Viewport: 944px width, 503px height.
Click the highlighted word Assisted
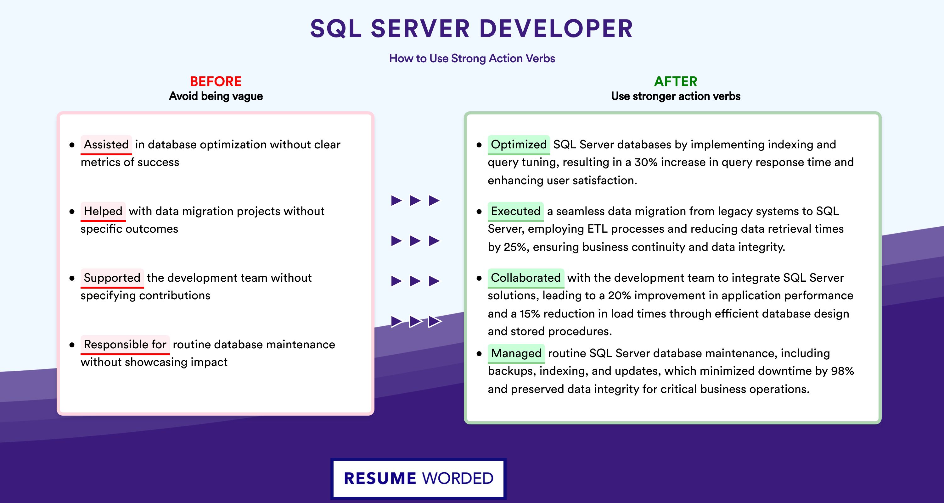[x=106, y=145]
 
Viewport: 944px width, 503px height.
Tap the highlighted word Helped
[x=103, y=211]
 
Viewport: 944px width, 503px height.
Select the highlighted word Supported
[x=112, y=278]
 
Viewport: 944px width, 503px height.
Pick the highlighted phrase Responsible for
[x=125, y=345]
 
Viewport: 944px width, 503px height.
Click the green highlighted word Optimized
[x=519, y=145]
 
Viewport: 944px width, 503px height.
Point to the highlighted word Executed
[x=516, y=211]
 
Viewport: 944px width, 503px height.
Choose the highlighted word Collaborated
[x=526, y=278]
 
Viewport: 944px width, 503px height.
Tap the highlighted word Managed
[x=516, y=353]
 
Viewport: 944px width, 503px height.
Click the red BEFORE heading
[x=216, y=81]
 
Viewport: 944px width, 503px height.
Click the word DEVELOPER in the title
[x=556, y=29]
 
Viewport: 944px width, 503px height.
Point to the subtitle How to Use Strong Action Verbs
[x=472, y=58]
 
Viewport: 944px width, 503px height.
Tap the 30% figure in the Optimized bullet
[x=646, y=162]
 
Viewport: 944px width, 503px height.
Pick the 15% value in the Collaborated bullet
[x=530, y=314]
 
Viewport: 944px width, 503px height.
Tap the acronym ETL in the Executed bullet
[x=597, y=229]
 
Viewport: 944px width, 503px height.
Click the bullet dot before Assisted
[x=72, y=145]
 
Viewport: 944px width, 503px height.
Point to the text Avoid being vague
[x=216, y=96]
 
